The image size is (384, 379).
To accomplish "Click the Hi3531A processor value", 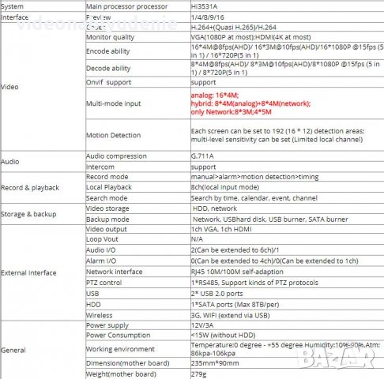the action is tap(204, 6).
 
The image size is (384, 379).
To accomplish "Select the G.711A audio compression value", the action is tap(203, 156).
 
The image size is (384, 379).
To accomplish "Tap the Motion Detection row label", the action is tap(112, 134).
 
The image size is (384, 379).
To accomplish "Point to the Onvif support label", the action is tap(108, 82).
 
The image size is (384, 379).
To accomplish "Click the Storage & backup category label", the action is tap(29, 212).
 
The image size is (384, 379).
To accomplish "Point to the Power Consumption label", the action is tap(118, 333).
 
